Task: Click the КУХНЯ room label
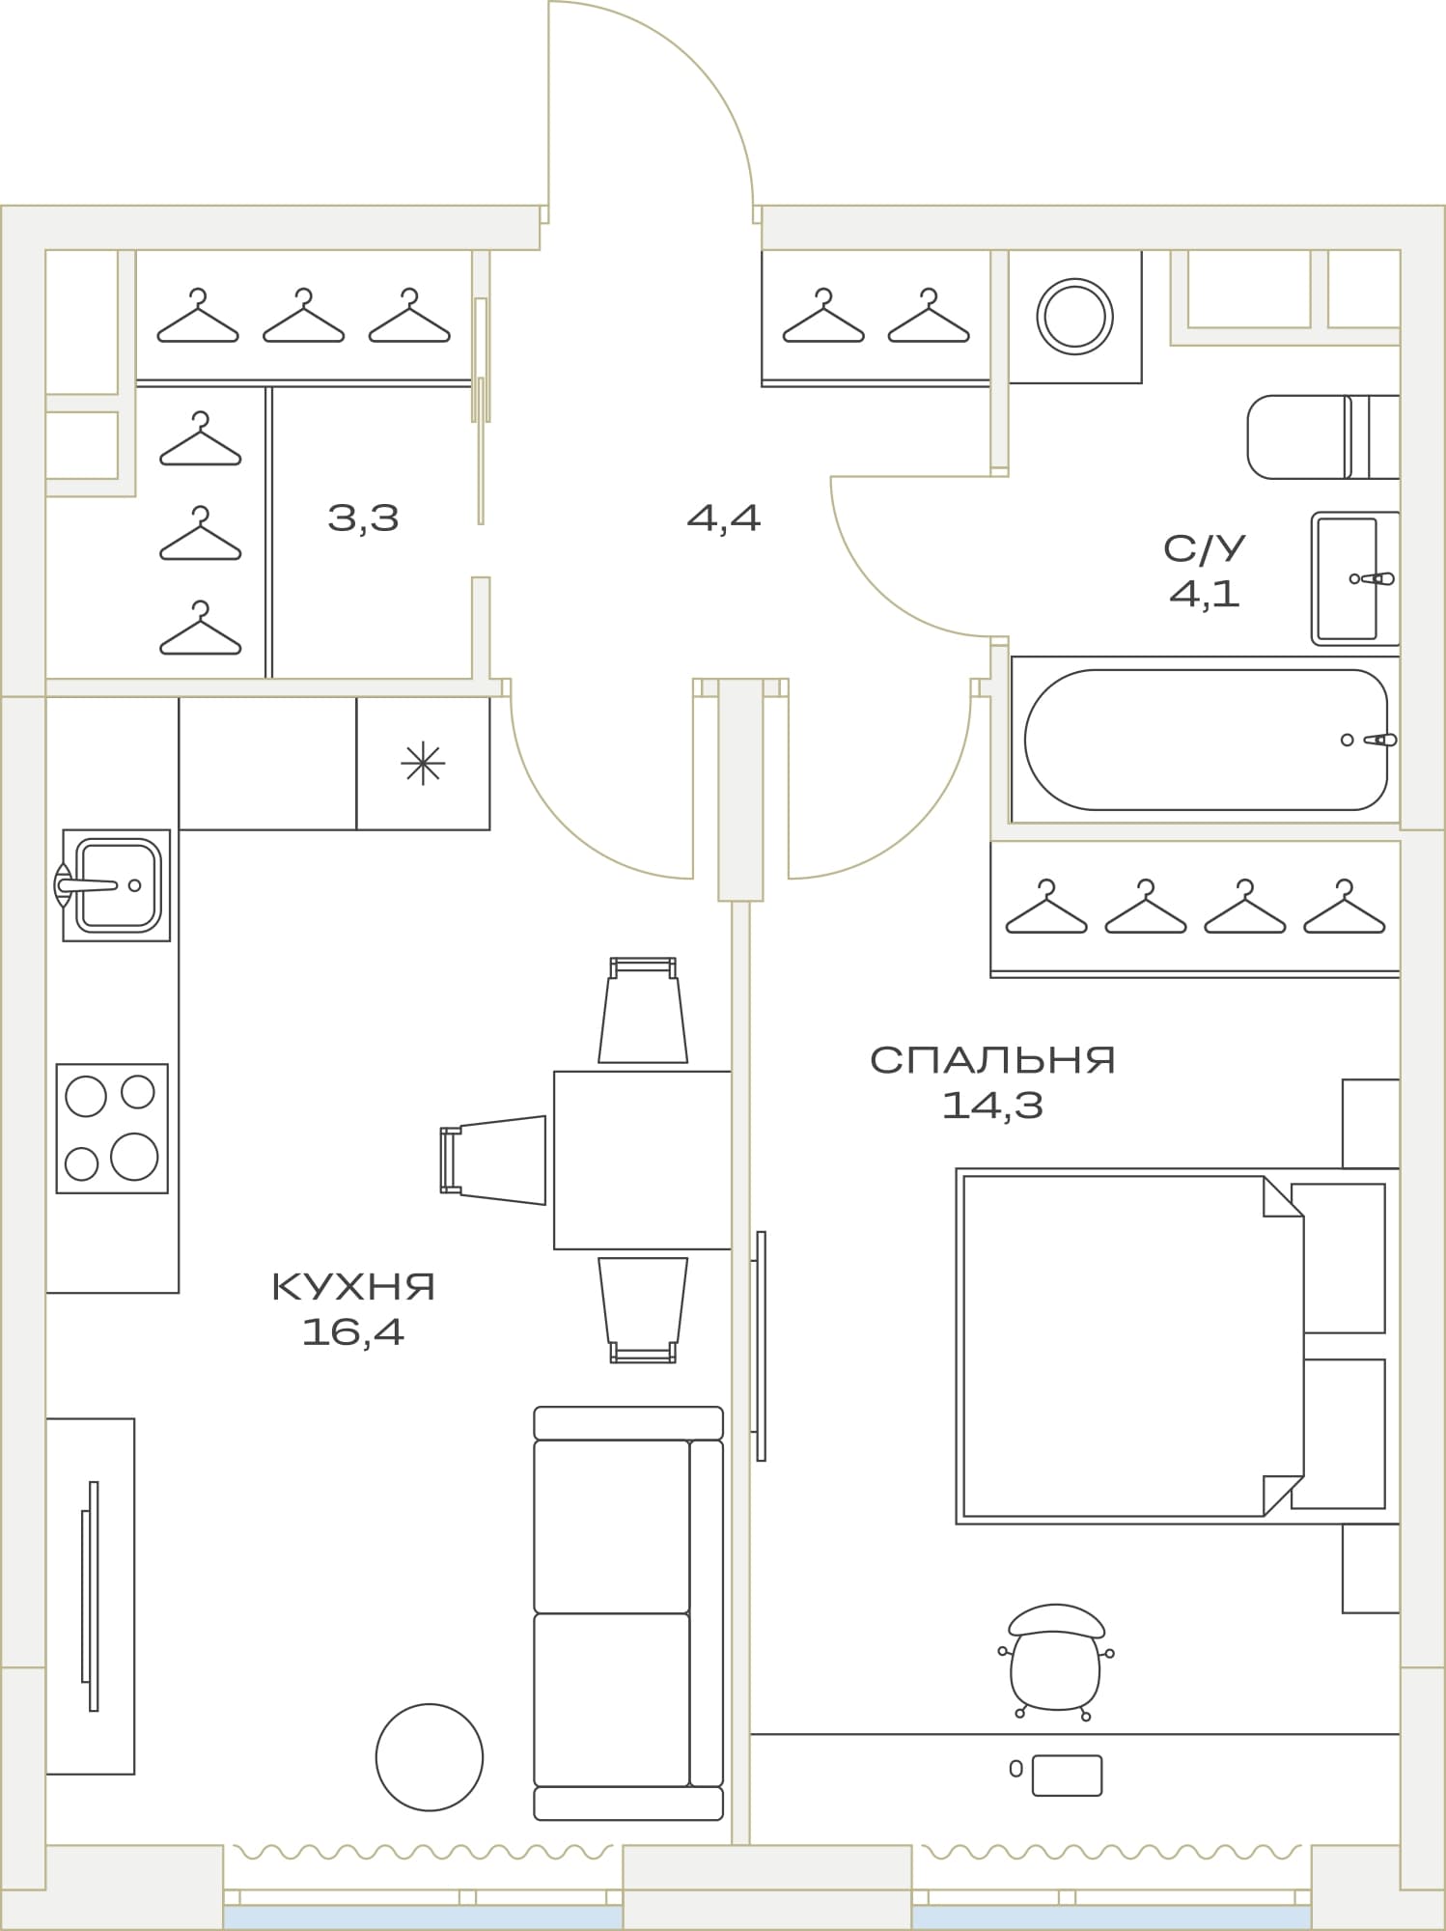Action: (x=353, y=1287)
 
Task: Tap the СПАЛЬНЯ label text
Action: (x=992, y=1060)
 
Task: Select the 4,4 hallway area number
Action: (x=724, y=519)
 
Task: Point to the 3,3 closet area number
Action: (x=363, y=519)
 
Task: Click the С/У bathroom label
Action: (x=1204, y=548)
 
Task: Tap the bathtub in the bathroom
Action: (x=1206, y=740)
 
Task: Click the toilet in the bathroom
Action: (x=1323, y=436)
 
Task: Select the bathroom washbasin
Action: (x=1355, y=578)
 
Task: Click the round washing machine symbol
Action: (x=1074, y=316)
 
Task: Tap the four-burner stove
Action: (x=112, y=1128)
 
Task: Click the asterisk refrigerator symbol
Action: (x=423, y=764)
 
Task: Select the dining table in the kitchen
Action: (x=643, y=1160)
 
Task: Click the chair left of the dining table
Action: (x=493, y=1160)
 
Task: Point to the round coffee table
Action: (x=430, y=1756)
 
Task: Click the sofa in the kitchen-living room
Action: (x=628, y=1612)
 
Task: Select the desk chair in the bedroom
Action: (x=1056, y=1662)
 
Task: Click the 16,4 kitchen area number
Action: (x=353, y=1332)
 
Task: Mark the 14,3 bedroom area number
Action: (x=992, y=1105)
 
